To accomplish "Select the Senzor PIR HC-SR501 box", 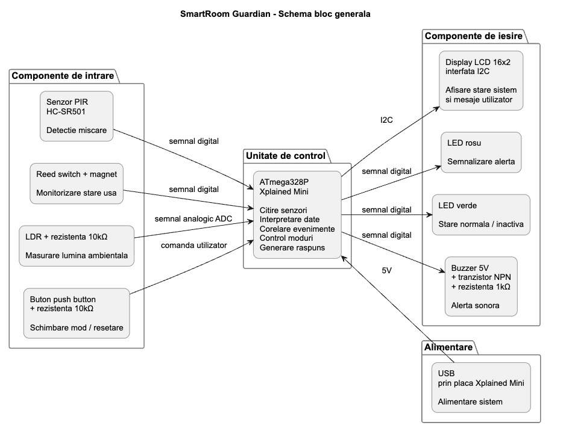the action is coord(77,116).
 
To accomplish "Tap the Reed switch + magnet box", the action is coord(77,184).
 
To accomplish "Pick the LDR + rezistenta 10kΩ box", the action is coord(77,246).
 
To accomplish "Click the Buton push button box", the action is coord(77,314).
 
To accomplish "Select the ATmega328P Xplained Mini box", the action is coord(297,215).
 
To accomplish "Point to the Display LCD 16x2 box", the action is coord(481,81).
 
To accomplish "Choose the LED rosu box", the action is coord(481,152).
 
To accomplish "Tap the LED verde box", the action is coord(481,215).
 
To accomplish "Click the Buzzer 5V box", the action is coord(481,287).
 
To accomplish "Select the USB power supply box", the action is coord(481,388).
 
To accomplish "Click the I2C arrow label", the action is coord(386,120).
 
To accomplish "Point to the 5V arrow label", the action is coord(387,270).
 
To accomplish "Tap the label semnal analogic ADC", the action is coord(193,219).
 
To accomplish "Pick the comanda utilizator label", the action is coord(193,246).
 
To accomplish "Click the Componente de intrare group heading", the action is coord(63,76).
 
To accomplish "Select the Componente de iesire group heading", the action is coord(474,36).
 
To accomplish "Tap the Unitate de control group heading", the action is coord(286,156).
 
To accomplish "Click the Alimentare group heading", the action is coord(448,347).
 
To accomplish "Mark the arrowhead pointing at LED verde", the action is coord(429,215).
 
